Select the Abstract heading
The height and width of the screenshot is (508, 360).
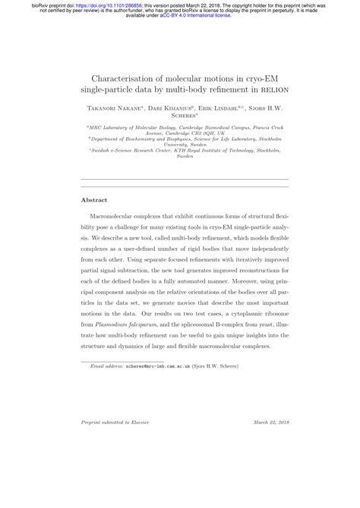(x=94, y=200)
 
